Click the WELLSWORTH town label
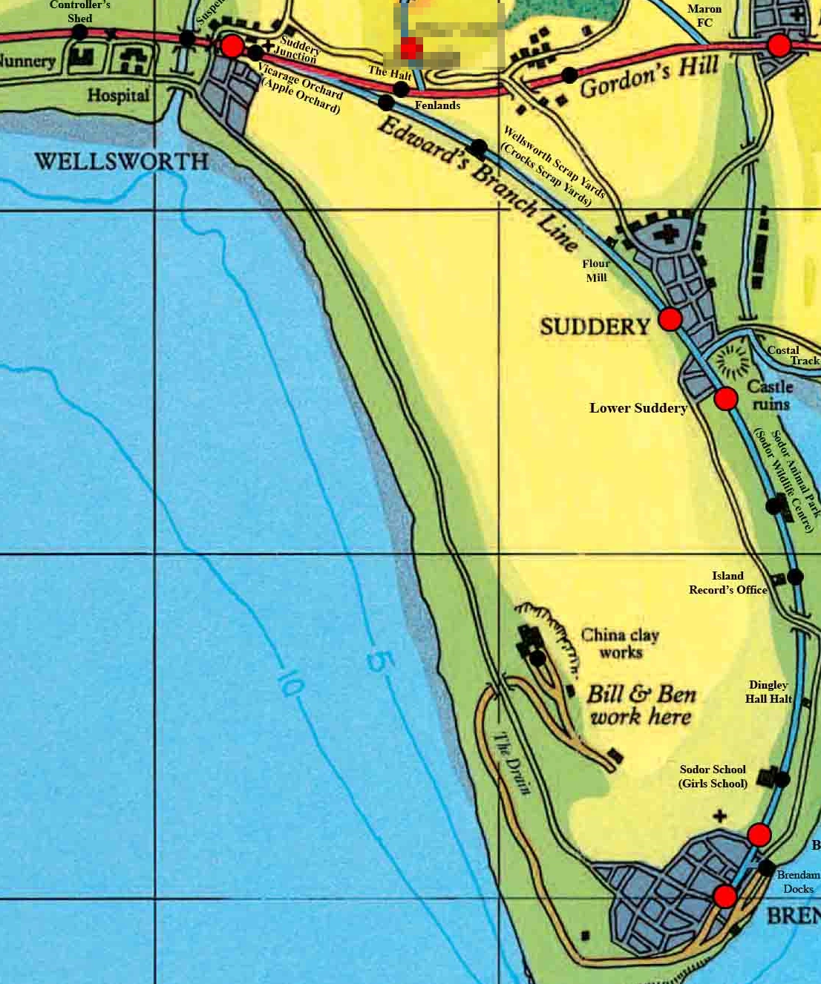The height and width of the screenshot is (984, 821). pos(122,161)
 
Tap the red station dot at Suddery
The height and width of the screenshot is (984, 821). pos(670,319)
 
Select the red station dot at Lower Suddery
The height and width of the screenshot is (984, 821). pos(726,398)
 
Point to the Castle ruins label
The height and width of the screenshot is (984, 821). pos(771,396)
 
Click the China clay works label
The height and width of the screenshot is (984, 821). pos(620,643)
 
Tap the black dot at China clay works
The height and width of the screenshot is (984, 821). pos(537,657)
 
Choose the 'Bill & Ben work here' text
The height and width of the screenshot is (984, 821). pos(641,705)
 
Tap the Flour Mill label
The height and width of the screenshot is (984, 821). pos(596,271)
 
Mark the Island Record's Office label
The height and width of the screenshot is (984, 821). pos(727,583)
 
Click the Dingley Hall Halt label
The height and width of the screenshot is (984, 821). pos(768,692)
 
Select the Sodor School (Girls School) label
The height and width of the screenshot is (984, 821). pos(713,776)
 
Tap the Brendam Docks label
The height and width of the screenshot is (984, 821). pos(798,882)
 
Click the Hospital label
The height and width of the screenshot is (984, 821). pos(118,96)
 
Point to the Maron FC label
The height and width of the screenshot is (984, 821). pos(704,16)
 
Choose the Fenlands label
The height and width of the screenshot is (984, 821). pos(437,105)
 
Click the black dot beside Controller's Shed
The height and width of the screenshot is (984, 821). pos(79,33)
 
